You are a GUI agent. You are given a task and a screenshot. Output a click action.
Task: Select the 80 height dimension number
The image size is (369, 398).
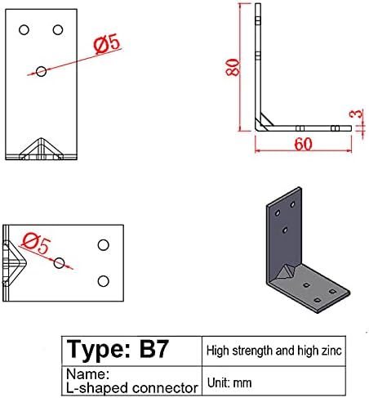pos(233,68)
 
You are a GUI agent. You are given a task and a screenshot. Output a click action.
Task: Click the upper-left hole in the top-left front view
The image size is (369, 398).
pos(24,30)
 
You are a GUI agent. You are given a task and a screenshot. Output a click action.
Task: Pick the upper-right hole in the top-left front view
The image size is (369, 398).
pos(58,30)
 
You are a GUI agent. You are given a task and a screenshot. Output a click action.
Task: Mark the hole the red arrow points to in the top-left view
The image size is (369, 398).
pos(42,72)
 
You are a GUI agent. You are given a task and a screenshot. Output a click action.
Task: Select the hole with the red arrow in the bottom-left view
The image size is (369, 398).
pos(60,263)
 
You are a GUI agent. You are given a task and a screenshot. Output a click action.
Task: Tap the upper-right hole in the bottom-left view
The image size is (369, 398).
pos(103,245)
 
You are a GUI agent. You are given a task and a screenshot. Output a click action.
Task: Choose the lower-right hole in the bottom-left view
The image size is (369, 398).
pos(103,281)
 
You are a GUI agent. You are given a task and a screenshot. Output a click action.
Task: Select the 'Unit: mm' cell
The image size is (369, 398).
pos(232,381)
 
